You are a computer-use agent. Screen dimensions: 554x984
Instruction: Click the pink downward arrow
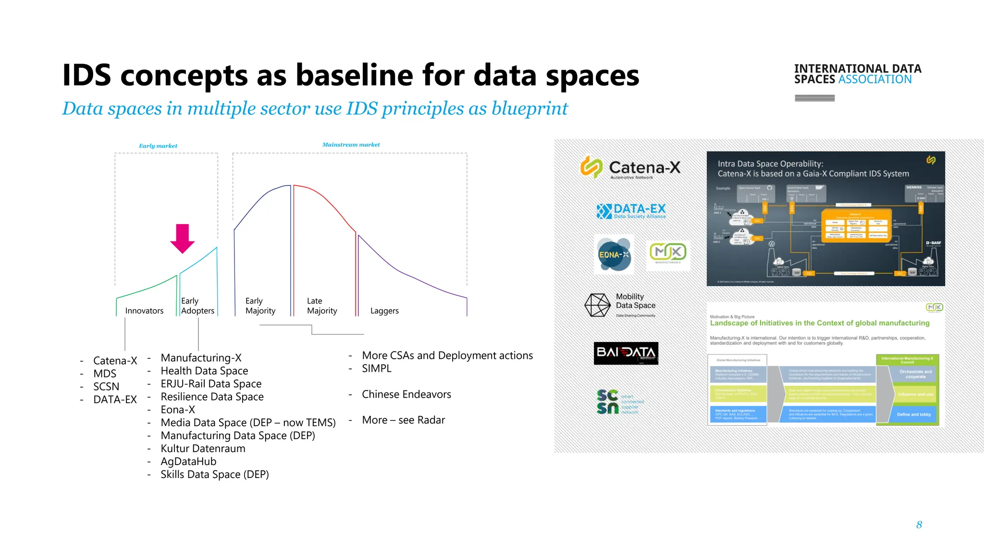tap(182, 238)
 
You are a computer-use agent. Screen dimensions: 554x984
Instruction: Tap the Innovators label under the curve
tap(144, 311)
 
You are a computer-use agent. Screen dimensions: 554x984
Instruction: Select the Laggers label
tap(384, 311)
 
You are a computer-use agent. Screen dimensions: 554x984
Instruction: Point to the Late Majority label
tap(322, 306)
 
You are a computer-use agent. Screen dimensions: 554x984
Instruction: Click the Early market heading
tap(158, 146)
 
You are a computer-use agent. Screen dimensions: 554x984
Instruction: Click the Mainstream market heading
tap(351, 145)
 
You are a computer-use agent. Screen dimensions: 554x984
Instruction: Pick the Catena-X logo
tap(630, 167)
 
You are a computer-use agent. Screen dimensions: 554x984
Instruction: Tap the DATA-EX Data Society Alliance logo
tap(631, 211)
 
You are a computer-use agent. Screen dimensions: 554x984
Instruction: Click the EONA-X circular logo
tap(614, 254)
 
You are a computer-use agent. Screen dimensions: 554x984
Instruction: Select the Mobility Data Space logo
tap(620, 305)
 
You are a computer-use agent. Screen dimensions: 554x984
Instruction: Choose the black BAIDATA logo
tap(626, 353)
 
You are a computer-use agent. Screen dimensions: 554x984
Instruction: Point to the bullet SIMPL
tap(376, 368)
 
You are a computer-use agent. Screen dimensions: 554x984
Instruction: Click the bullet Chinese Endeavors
tap(406, 394)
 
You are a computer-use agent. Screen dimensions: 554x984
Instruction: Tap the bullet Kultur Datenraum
tap(203, 449)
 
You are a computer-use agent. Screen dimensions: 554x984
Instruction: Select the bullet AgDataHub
tap(188, 462)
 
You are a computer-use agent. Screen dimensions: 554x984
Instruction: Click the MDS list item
tap(105, 374)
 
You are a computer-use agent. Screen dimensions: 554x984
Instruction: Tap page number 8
tap(919, 525)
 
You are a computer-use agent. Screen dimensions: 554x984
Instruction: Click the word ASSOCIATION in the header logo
tap(874, 79)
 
